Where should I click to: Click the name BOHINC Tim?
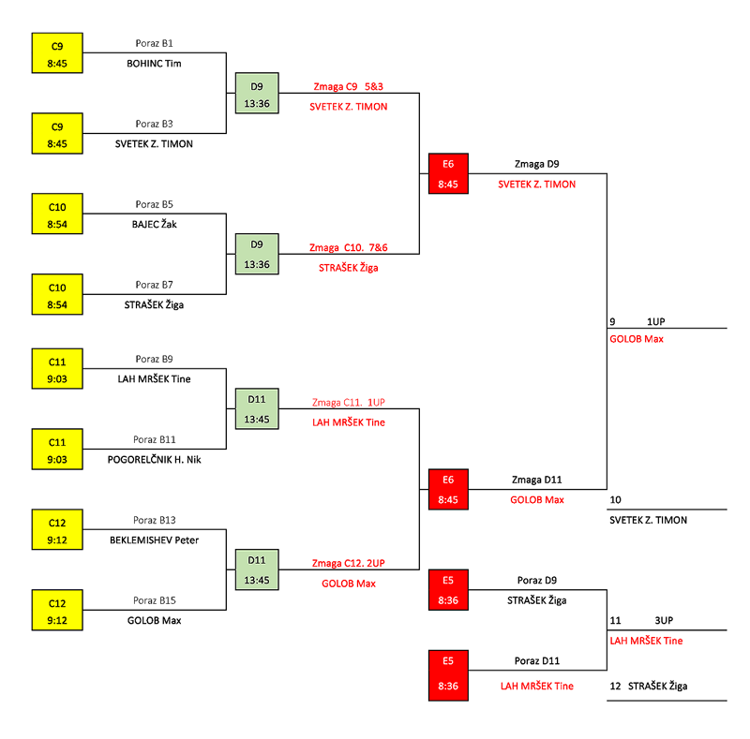tap(154, 64)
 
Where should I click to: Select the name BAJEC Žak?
tap(154, 224)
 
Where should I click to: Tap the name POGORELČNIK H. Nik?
tap(154, 459)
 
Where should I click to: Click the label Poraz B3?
tap(154, 124)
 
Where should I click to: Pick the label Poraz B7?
tap(154, 285)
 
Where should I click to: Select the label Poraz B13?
tap(154, 520)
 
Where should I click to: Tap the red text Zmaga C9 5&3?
tap(348, 87)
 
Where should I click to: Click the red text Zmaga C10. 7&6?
tap(349, 248)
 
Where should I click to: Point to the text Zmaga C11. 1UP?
tap(349, 402)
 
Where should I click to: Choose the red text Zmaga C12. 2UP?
tap(349, 563)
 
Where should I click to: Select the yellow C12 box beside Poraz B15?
tap(57, 609)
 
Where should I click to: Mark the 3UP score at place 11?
tap(665, 620)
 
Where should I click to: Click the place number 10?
tap(615, 499)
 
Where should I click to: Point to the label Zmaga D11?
tap(537, 480)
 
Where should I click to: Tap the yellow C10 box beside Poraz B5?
tap(57, 214)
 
